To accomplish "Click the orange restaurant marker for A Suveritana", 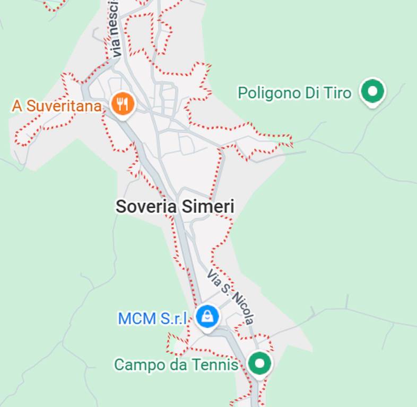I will tap(123, 104).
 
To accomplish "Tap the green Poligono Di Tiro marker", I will tap(372, 92).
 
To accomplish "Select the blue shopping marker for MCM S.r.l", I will tap(207, 317).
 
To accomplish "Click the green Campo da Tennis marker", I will tap(259, 364).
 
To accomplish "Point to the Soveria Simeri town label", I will tap(175, 207).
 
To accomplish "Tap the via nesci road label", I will tap(116, 32).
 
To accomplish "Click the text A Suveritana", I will tap(57, 106).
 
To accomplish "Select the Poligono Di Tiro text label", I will tap(294, 93).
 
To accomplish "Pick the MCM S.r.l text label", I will tap(153, 318).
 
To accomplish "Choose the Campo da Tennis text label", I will tap(176, 365).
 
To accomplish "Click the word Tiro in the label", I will tap(338, 93).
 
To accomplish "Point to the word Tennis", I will tap(215, 365).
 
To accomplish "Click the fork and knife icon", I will tap(123, 103).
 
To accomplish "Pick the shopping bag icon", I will tap(207, 316).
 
